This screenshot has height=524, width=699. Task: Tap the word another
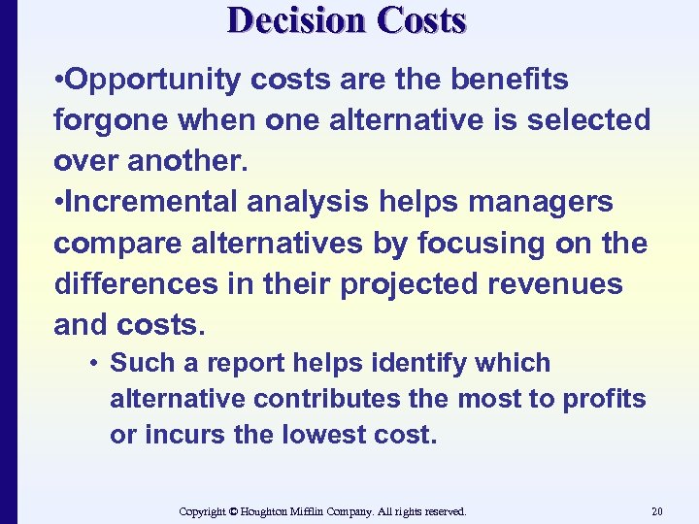pyautogui.click(x=186, y=161)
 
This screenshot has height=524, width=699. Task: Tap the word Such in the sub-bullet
pyautogui.click(x=138, y=364)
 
